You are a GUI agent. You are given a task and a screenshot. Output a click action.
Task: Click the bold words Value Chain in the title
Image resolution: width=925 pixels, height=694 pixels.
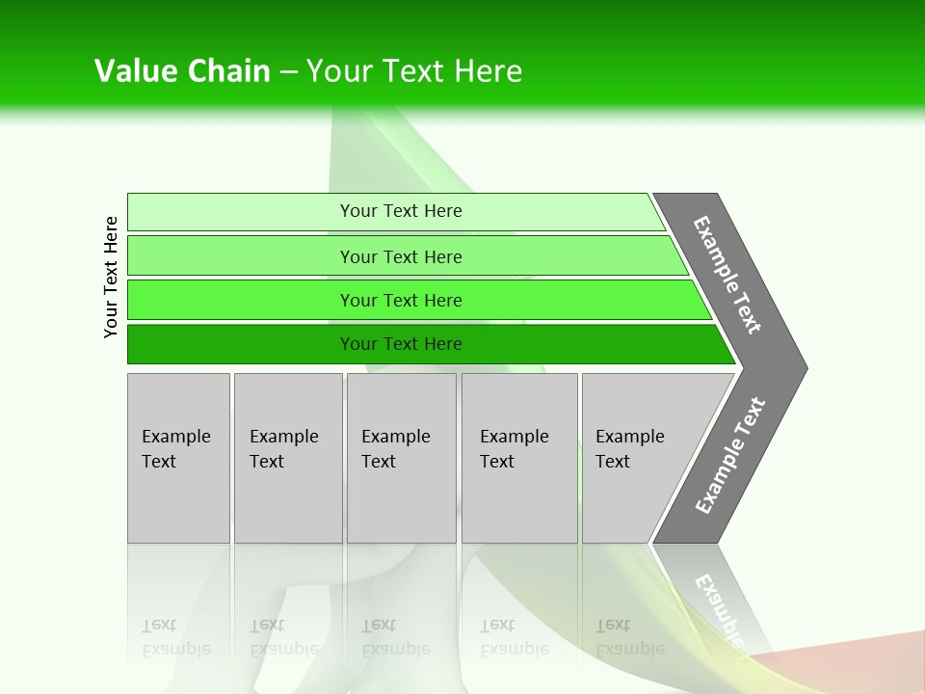pyautogui.click(x=182, y=71)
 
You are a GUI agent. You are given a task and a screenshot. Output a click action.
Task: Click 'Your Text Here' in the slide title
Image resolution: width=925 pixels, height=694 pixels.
pyautogui.click(x=414, y=71)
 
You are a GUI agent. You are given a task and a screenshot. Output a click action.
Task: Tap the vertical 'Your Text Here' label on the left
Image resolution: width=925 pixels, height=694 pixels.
pyautogui.click(x=111, y=277)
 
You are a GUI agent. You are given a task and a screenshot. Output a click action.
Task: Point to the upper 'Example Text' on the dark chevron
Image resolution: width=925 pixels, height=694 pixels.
pyautogui.click(x=727, y=275)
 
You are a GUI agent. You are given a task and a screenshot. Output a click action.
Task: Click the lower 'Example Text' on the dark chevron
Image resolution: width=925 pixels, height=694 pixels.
pyautogui.click(x=730, y=456)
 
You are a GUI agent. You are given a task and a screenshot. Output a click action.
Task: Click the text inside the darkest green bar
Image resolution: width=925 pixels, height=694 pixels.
pyautogui.click(x=401, y=344)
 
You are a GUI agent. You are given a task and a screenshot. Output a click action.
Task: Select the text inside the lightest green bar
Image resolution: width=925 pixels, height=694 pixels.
pyautogui.click(x=401, y=211)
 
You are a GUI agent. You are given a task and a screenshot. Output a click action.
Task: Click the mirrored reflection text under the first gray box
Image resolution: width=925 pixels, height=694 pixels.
pyautogui.click(x=175, y=637)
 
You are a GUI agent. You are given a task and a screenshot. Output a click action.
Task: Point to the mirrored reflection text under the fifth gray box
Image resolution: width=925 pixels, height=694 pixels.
pyautogui.click(x=629, y=637)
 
